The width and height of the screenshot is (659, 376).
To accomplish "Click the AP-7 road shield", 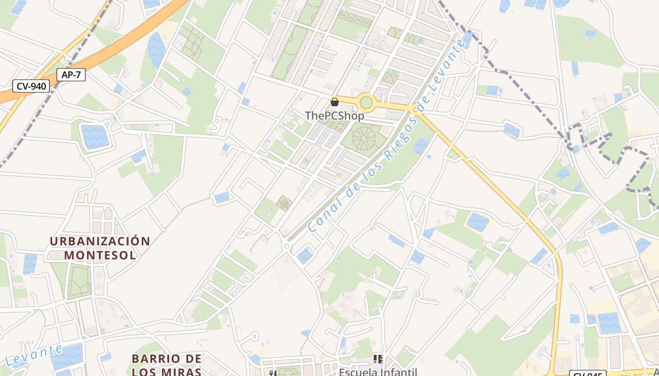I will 71,74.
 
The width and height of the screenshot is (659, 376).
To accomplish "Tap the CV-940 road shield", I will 31,86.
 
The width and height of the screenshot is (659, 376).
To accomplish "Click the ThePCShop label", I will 334,116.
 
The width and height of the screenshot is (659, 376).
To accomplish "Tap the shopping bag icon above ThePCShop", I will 335,102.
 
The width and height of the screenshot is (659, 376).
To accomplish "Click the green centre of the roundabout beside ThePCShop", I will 366,102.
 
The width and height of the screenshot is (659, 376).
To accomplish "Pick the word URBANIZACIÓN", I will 100,242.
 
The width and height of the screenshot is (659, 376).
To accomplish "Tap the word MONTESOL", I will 100,255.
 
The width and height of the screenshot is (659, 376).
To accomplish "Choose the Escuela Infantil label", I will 378,372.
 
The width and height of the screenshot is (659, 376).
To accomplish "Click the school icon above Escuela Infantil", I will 378,360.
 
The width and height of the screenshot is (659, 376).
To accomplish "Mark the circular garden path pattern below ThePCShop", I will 363,138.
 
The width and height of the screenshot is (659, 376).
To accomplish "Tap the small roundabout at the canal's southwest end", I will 286,246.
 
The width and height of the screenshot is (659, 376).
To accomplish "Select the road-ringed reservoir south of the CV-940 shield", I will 95,136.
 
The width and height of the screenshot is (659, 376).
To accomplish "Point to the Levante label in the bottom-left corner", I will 34,356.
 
